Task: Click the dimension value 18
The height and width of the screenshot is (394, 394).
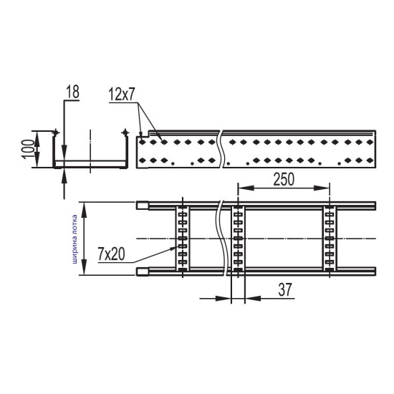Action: click(73, 92)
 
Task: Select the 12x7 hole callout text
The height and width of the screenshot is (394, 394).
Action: click(122, 95)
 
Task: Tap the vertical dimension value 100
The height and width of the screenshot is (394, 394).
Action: click(29, 149)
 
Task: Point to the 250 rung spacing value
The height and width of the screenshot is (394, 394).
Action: click(284, 179)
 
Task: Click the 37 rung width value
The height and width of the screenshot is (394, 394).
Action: click(285, 289)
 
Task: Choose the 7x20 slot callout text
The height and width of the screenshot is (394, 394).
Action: click(111, 254)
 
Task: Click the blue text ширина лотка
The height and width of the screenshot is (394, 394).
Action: click(75, 239)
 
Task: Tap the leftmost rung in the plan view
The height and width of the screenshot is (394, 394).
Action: click(183, 239)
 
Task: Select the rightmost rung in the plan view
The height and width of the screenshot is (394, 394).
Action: click(330, 239)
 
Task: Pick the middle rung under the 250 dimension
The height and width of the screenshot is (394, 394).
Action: click(238, 239)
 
